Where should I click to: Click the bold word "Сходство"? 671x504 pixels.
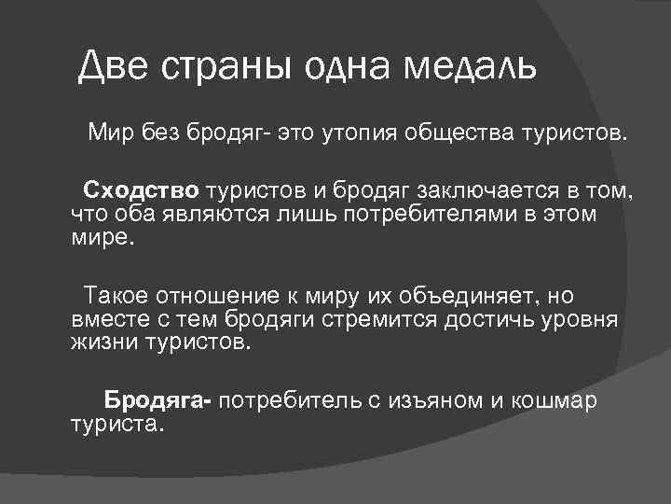pyautogui.click(x=141, y=191)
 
